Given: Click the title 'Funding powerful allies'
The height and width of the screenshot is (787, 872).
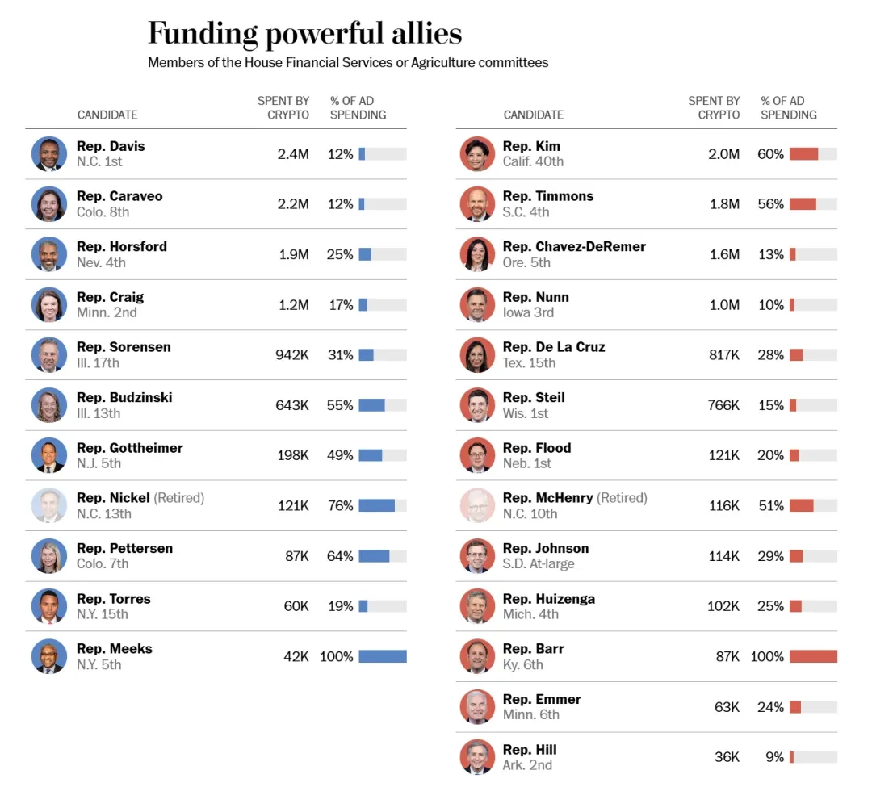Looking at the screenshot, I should tap(304, 34).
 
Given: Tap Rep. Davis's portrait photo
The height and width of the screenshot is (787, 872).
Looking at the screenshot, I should tap(49, 153).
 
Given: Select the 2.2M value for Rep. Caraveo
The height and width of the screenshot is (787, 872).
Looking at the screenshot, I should tap(293, 204).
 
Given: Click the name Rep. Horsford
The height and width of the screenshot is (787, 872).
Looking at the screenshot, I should tap(122, 246).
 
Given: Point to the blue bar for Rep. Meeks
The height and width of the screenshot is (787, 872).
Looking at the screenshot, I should tap(383, 656).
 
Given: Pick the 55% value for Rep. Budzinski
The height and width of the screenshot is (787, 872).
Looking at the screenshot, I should tap(340, 405).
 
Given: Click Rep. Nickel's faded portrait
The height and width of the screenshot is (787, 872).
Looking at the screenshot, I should tap(49, 505).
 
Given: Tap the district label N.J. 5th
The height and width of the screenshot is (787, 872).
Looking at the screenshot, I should tap(99, 463).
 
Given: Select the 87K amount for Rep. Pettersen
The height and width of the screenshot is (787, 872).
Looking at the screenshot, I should tap(297, 556).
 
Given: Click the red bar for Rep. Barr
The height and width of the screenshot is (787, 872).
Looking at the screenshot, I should tap(813, 656).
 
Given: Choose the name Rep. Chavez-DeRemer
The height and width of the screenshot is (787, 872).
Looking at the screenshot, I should tap(574, 246).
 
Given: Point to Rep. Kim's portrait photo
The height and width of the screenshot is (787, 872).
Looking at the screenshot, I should tap(477, 153).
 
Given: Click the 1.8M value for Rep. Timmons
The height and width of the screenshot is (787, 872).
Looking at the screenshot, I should tap(724, 204).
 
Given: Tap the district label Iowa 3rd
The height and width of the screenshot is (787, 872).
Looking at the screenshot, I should tap(528, 312).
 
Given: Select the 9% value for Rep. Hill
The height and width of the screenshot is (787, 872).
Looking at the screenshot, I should tap(774, 757).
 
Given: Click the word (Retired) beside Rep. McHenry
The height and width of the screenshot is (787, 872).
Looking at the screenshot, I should tap(622, 498).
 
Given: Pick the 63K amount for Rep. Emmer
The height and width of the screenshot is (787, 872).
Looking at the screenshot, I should tap(727, 707).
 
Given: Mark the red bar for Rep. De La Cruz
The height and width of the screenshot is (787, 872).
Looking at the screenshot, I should tap(796, 355).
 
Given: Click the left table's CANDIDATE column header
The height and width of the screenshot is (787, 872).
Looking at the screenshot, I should tap(107, 115).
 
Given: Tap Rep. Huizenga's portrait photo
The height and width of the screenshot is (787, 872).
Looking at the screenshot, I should tap(477, 606).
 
